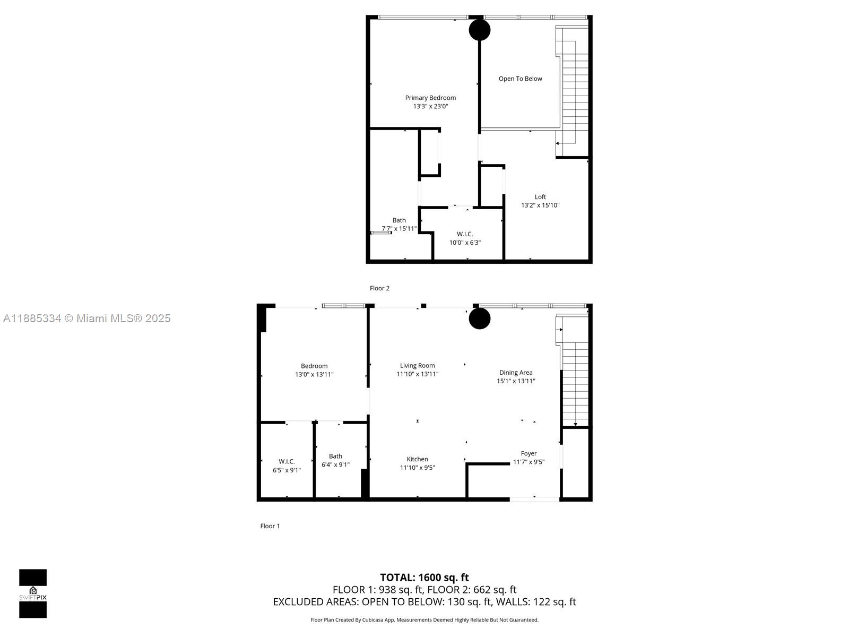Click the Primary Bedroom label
pos(430,98)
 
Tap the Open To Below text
pos(520,79)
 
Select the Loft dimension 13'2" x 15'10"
pos(540,205)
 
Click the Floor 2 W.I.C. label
pos(465,234)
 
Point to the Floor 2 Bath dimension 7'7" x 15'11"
pos(399,229)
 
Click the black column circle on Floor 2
pos(480,30)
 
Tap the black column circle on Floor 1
pos(480,318)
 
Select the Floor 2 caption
pos(379,288)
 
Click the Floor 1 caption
pos(270,526)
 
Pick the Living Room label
pos(417,365)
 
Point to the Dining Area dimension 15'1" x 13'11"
pos(516,381)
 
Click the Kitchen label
pos(417,459)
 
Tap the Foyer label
pos(529,453)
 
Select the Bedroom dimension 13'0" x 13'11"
pos(314,374)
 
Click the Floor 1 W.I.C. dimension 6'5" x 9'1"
pos(287,470)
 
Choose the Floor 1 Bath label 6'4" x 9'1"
pos(335,460)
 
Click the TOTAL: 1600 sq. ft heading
pos(424,578)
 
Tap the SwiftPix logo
pos(33,593)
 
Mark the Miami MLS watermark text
pos(86,318)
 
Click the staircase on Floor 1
pos(575,382)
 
